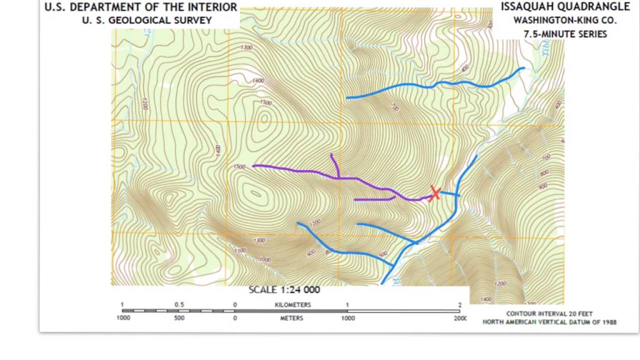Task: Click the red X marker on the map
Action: point(434,193)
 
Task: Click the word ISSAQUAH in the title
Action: point(528,6)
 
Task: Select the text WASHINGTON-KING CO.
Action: point(565,20)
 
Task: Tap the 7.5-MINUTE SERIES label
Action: point(565,34)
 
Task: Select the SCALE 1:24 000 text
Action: point(284,290)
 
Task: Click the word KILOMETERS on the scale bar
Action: point(292,305)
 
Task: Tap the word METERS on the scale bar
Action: point(291,318)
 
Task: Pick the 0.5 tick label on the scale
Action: point(179,305)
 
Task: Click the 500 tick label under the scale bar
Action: point(179,318)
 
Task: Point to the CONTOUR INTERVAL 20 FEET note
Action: point(549,314)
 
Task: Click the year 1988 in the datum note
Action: point(607,322)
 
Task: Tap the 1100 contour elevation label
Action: point(240,250)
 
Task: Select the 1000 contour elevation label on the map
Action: point(264,259)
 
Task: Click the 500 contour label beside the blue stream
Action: point(383,254)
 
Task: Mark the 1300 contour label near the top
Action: point(246,47)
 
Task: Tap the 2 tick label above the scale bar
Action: point(459,305)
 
